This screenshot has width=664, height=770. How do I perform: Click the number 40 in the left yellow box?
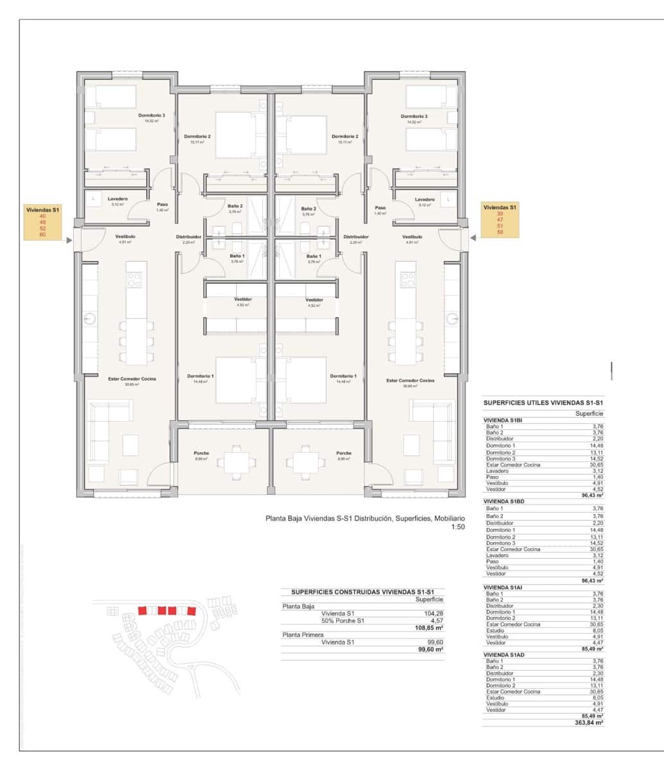43,216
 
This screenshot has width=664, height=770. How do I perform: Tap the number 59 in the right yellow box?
500,232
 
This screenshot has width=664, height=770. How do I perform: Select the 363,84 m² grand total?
590,722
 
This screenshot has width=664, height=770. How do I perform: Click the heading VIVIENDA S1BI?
504,420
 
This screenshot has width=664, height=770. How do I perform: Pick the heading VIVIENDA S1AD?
504,654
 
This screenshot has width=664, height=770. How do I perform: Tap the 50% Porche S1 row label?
343,620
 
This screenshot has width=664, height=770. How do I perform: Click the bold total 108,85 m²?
430,628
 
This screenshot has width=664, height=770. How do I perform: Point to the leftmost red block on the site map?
143,610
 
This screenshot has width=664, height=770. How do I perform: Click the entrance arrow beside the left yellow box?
69,237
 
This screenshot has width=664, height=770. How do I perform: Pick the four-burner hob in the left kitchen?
136,280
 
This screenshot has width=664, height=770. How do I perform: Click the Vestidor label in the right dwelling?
314,300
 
